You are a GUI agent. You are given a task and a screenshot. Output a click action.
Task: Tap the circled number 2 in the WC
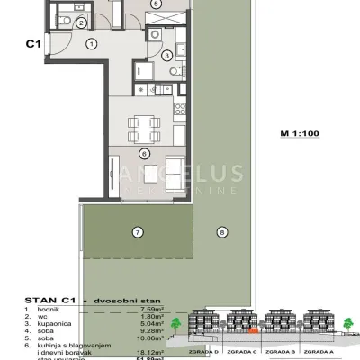click(80, 22)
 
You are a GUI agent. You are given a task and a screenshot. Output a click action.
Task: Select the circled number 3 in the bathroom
click(166, 56)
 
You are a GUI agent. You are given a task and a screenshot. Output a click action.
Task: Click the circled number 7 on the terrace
click(138, 231)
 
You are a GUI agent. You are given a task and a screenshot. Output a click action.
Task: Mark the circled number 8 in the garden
click(221, 232)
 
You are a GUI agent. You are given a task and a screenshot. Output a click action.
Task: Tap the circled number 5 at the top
click(157, 4)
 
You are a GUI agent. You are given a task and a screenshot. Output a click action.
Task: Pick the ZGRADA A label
click(321, 352)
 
